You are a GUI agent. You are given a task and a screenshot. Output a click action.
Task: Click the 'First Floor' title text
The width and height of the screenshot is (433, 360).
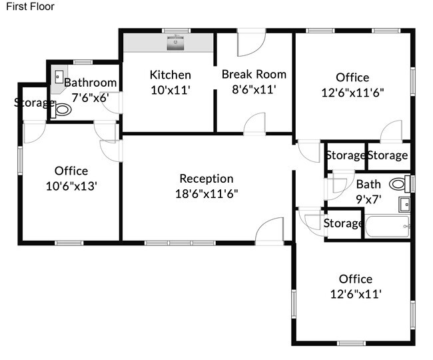point(30,7)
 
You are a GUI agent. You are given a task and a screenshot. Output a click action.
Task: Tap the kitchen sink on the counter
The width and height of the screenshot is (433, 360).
point(175,43)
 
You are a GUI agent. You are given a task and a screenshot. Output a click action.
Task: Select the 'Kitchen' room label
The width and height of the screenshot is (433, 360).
point(171,75)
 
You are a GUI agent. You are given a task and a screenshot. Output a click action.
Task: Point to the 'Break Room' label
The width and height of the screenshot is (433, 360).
point(254,74)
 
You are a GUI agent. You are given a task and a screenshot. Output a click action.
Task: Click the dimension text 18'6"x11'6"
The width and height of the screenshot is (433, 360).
point(207,194)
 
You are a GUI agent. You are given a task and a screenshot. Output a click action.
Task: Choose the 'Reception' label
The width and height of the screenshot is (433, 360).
point(207,179)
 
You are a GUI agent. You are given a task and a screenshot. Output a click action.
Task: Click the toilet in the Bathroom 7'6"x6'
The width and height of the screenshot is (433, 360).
point(61,110)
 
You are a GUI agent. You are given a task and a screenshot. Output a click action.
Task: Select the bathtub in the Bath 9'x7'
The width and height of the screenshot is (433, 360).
point(387,226)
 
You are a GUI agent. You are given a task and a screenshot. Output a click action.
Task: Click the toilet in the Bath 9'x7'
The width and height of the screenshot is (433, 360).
point(400,184)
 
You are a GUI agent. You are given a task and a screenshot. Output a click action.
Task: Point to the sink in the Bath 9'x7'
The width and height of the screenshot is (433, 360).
point(404,205)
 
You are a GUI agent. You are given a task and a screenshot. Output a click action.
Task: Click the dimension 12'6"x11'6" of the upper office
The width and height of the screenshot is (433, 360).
point(352,93)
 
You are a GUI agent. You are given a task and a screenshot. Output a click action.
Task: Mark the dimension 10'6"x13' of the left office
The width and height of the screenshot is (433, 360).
point(71,186)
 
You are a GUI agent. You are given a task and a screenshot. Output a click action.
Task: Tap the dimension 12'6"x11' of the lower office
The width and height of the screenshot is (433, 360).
point(356,294)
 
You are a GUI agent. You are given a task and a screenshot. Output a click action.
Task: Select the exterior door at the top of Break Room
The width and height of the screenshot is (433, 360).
point(252,42)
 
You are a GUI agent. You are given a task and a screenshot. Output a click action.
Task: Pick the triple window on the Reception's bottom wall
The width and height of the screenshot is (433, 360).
point(180,243)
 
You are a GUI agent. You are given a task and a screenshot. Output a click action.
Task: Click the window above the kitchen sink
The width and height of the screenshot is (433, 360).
point(176,31)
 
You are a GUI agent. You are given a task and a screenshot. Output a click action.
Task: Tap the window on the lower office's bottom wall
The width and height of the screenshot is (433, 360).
point(352,343)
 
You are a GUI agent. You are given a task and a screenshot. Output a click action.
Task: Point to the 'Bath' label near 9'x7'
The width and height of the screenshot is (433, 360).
point(368,184)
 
